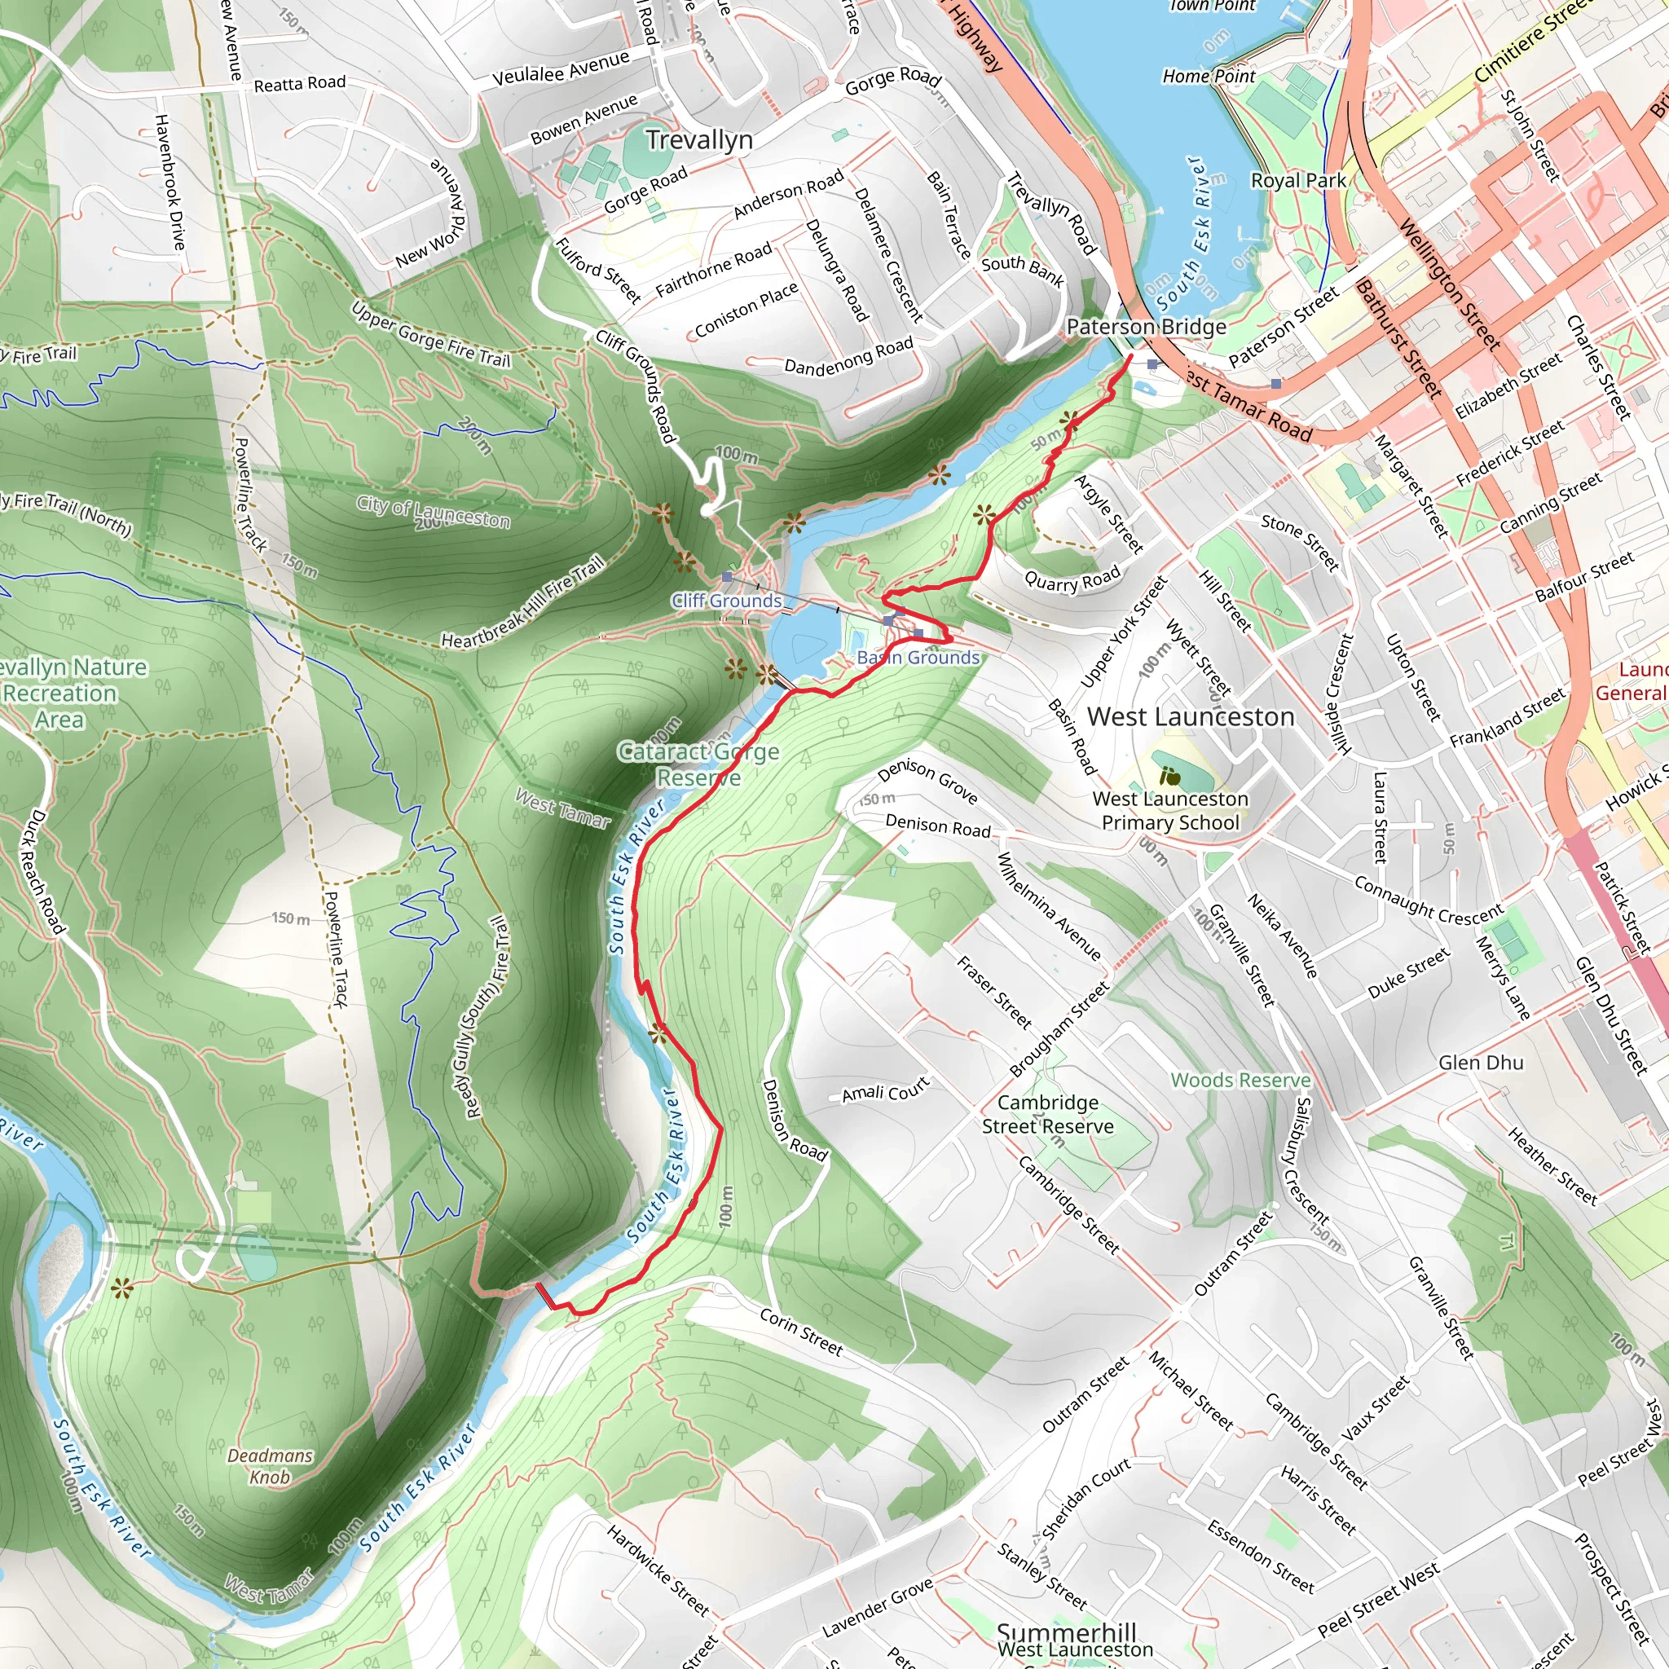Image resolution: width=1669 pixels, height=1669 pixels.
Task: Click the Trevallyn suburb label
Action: pyautogui.click(x=699, y=140)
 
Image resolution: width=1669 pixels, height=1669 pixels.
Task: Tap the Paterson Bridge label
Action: pyautogui.click(x=1146, y=327)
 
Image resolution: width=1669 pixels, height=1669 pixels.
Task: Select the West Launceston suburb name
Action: pyautogui.click(x=1191, y=717)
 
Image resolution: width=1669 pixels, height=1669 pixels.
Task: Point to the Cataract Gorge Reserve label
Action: pyautogui.click(x=699, y=764)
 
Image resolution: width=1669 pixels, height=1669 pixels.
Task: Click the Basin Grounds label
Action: pyautogui.click(x=918, y=658)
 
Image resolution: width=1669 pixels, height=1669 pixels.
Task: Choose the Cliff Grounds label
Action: pyautogui.click(x=726, y=601)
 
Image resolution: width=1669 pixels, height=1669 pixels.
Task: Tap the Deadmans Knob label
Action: pyautogui.click(x=270, y=1466)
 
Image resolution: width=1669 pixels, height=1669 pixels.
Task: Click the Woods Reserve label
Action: pyautogui.click(x=1240, y=1080)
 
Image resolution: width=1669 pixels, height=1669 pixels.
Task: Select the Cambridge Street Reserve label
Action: pyautogui.click(x=1047, y=1114)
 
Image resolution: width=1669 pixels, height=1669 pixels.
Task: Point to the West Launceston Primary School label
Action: pyautogui.click(x=1169, y=810)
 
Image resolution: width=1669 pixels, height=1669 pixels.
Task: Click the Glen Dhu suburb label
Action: pyautogui.click(x=1481, y=1063)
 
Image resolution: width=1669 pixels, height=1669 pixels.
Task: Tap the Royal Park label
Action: pyautogui.click(x=1297, y=181)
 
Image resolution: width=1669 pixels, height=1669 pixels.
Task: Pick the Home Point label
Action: pyautogui.click(x=1209, y=76)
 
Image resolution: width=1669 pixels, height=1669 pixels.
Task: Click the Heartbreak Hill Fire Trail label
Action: pyautogui.click(x=522, y=602)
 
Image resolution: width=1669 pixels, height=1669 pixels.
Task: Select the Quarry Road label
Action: pyautogui.click(x=1072, y=579)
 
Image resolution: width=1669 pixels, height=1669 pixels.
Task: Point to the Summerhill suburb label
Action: pyautogui.click(x=1066, y=1632)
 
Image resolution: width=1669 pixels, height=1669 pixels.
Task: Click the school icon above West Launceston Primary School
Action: pyautogui.click(x=1169, y=775)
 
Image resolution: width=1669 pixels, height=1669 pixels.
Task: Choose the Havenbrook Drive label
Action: pyautogui.click(x=170, y=182)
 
